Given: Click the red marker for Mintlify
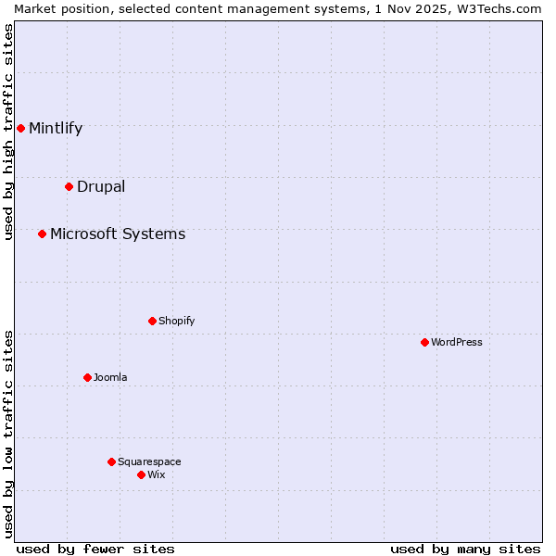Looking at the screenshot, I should coord(20,128).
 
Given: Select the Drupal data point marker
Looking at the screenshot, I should coord(69,186).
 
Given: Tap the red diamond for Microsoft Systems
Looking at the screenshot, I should coord(42,234).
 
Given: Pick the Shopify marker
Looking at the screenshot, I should coord(152,321).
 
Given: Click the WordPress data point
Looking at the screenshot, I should coord(424,342).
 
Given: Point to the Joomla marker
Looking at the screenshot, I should coord(87,377).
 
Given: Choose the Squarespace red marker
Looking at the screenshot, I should coord(111,461).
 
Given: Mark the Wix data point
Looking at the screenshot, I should coord(141,474).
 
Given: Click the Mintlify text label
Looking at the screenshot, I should coord(56,128).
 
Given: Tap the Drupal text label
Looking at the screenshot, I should coord(101,186).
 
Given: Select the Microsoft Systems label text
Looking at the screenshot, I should coord(118,234).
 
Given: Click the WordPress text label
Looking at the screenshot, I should coord(457,342).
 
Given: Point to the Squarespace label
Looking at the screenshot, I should coord(149,461).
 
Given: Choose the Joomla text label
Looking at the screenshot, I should coord(110,377).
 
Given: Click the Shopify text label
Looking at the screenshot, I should coord(176,321).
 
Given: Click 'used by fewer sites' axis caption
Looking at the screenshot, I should coord(95,549).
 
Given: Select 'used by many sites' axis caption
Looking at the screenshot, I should coord(465,549).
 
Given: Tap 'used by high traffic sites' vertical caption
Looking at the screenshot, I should coord(9,132).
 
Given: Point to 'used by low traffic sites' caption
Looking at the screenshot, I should coord(9,434).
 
